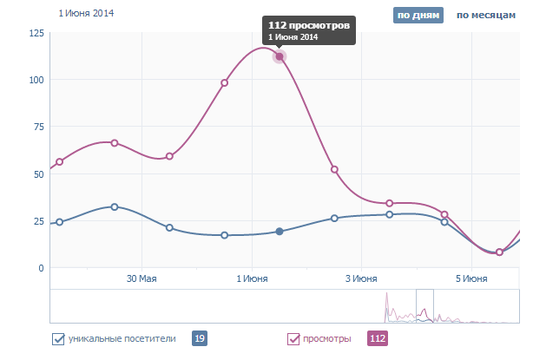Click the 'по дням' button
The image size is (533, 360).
[x=418, y=16]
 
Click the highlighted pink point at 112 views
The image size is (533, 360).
[x=280, y=57]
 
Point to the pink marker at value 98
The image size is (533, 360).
[x=225, y=83]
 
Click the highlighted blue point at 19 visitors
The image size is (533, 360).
[x=280, y=232]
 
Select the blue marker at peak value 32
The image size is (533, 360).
[x=115, y=207]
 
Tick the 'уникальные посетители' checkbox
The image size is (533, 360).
[x=59, y=338]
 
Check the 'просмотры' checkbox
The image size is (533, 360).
[x=293, y=338]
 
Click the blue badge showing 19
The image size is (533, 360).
[x=199, y=338]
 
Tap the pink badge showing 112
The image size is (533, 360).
[x=378, y=338]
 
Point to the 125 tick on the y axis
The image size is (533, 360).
[x=36, y=33]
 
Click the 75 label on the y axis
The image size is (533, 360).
[x=39, y=127]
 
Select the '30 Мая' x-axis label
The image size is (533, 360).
[x=141, y=279]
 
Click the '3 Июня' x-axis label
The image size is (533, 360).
[x=361, y=279]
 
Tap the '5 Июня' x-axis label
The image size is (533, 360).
[x=471, y=279]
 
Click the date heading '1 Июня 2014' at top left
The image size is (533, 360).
[x=86, y=14]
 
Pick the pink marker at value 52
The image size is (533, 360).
[x=334, y=170]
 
